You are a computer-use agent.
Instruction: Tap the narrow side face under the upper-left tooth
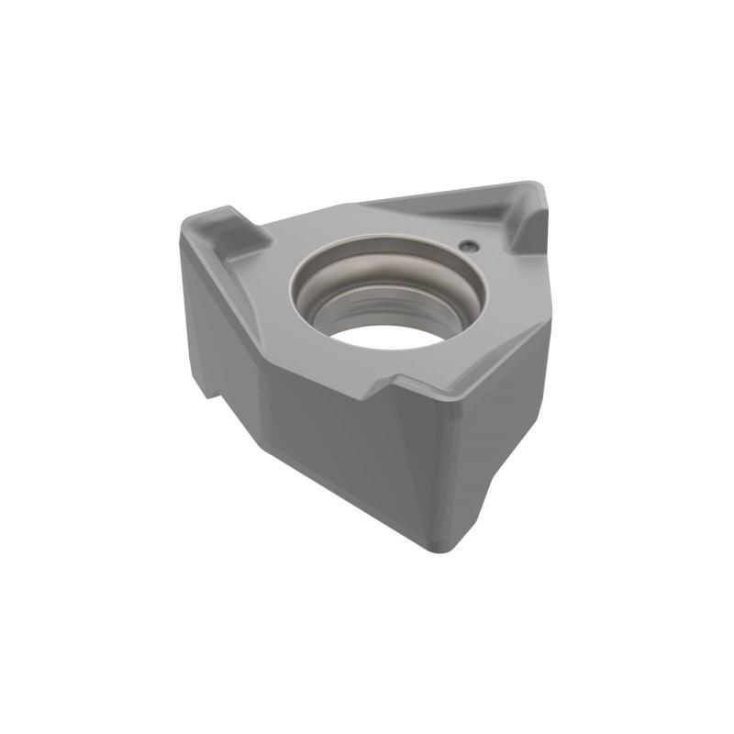(206, 303)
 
